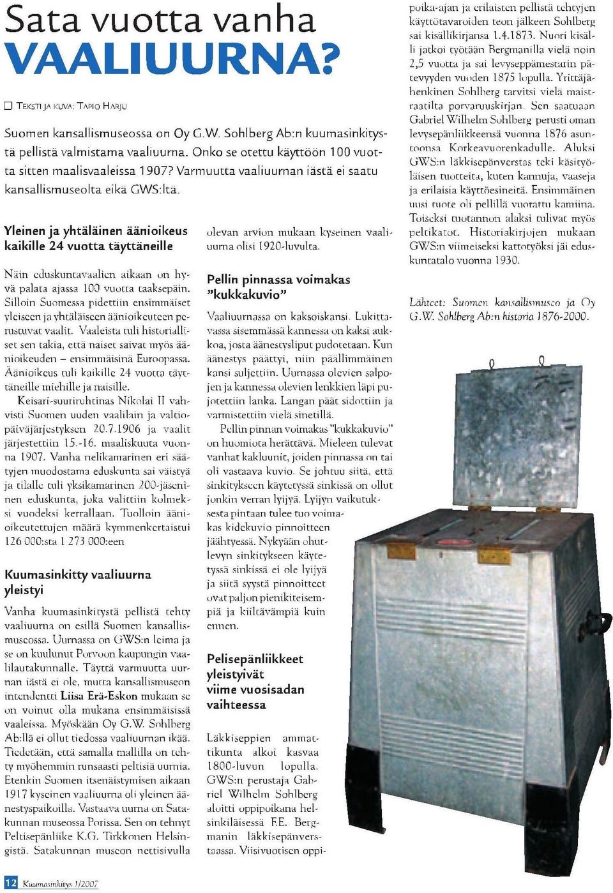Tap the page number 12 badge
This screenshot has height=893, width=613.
pos(11,883)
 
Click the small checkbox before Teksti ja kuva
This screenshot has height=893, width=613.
pos(8,106)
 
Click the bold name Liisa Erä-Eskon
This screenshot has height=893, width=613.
pos(105,696)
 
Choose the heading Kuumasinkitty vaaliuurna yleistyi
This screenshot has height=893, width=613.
pos(78,582)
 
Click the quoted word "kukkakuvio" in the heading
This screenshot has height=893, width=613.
pos(246,294)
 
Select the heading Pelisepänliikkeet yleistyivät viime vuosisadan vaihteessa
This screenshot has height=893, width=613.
pos(255,681)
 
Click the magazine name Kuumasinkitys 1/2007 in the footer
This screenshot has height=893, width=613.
pos(61,884)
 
